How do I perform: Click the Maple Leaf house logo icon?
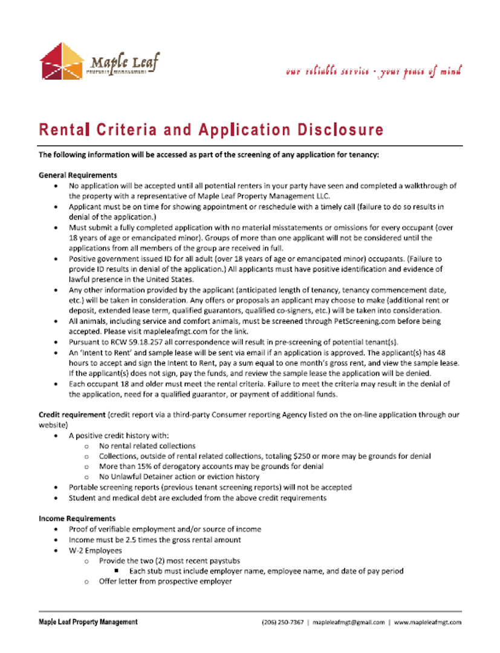tap(62, 60)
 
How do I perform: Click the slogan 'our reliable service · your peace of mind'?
tap(374, 71)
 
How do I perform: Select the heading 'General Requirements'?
tap(78, 175)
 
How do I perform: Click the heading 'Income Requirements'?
tap(77, 519)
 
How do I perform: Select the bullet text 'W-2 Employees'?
tap(96, 550)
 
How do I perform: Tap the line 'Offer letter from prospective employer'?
tap(166, 581)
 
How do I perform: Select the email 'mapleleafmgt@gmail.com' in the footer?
tap(349, 622)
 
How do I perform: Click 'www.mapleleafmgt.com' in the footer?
tap(427, 622)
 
